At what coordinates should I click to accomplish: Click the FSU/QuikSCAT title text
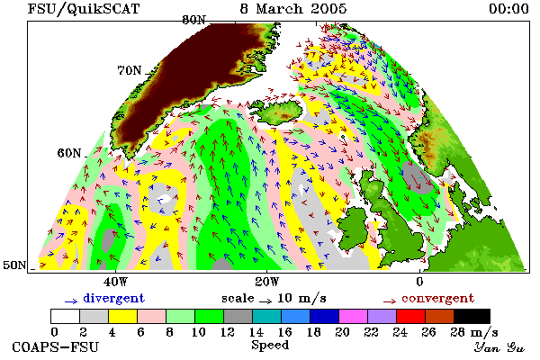(x=84, y=8)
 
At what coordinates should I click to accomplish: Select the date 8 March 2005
(x=293, y=8)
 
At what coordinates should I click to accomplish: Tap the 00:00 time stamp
(x=508, y=8)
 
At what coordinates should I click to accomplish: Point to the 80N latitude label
(x=193, y=20)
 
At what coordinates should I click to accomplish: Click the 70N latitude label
(x=130, y=70)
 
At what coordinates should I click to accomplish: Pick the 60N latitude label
(x=69, y=153)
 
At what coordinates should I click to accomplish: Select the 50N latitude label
(x=14, y=265)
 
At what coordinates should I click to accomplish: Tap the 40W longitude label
(x=115, y=282)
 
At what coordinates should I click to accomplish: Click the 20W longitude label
(x=267, y=282)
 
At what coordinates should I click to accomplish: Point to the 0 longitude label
(x=419, y=282)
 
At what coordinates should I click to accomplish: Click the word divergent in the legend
(x=114, y=298)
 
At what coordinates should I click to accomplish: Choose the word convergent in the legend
(x=437, y=298)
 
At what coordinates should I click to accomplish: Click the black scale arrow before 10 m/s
(x=265, y=301)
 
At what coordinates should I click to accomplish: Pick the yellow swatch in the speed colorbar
(x=122, y=316)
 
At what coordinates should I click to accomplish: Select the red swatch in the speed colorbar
(x=410, y=316)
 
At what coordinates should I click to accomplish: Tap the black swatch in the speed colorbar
(x=472, y=316)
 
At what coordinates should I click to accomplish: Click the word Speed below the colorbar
(x=270, y=346)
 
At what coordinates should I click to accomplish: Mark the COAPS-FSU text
(x=55, y=346)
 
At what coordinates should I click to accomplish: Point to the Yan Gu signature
(x=499, y=347)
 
